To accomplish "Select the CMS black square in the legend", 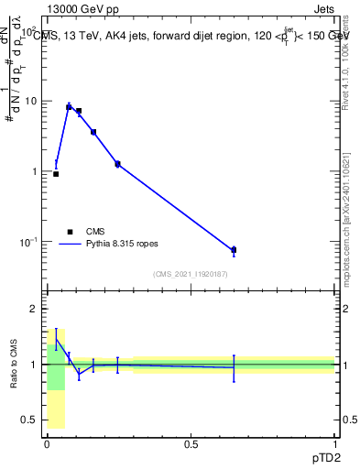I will [x=69, y=232].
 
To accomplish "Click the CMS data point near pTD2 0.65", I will [x=234, y=249].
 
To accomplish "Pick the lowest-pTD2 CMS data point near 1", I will [x=56, y=173].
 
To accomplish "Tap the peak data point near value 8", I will [x=69, y=107].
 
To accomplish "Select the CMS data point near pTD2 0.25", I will [x=117, y=164].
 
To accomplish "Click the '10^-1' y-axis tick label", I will [x=29, y=241].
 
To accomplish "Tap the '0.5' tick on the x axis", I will [x=191, y=444].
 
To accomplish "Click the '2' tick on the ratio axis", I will [x=35, y=309].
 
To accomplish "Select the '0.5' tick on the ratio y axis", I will [x=30, y=420].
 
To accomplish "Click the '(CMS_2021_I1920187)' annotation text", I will [x=190, y=275].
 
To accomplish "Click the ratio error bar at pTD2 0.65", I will [x=234, y=367].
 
